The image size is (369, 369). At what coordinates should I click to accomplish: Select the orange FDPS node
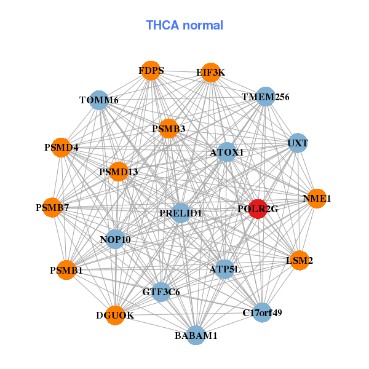[x=150, y=71]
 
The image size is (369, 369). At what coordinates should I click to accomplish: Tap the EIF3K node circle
[x=210, y=73]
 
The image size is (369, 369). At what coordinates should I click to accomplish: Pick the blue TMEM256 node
[x=265, y=97]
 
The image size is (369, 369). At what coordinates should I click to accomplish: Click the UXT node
[x=298, y=143]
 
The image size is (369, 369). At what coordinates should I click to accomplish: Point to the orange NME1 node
[x=316, y=198]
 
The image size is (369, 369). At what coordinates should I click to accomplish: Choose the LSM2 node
[x=299, y=261]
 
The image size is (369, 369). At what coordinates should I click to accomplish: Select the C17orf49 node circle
[x=262, y=312]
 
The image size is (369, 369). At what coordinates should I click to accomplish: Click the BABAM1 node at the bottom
[x=196, y=335]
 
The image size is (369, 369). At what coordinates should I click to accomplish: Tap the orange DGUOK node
[x=115, y=315]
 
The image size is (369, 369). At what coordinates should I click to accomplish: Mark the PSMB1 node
[x=66, y=269]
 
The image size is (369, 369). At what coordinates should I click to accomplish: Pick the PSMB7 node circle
[x=52, y=207]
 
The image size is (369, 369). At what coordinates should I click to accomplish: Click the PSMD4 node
[x=61, y=148]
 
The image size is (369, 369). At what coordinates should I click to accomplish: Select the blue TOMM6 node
[x=99, y=100]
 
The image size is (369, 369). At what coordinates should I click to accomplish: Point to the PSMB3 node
[x=169, y=129]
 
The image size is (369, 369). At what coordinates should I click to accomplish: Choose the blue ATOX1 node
[x=227, y=152]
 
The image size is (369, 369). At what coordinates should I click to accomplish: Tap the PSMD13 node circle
[x=118, y=172]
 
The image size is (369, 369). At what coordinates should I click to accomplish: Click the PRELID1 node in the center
[x=180, y=213]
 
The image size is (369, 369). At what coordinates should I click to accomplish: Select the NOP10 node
[x=115, y=239]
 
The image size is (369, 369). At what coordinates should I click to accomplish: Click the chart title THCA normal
[x=184, y=25]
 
